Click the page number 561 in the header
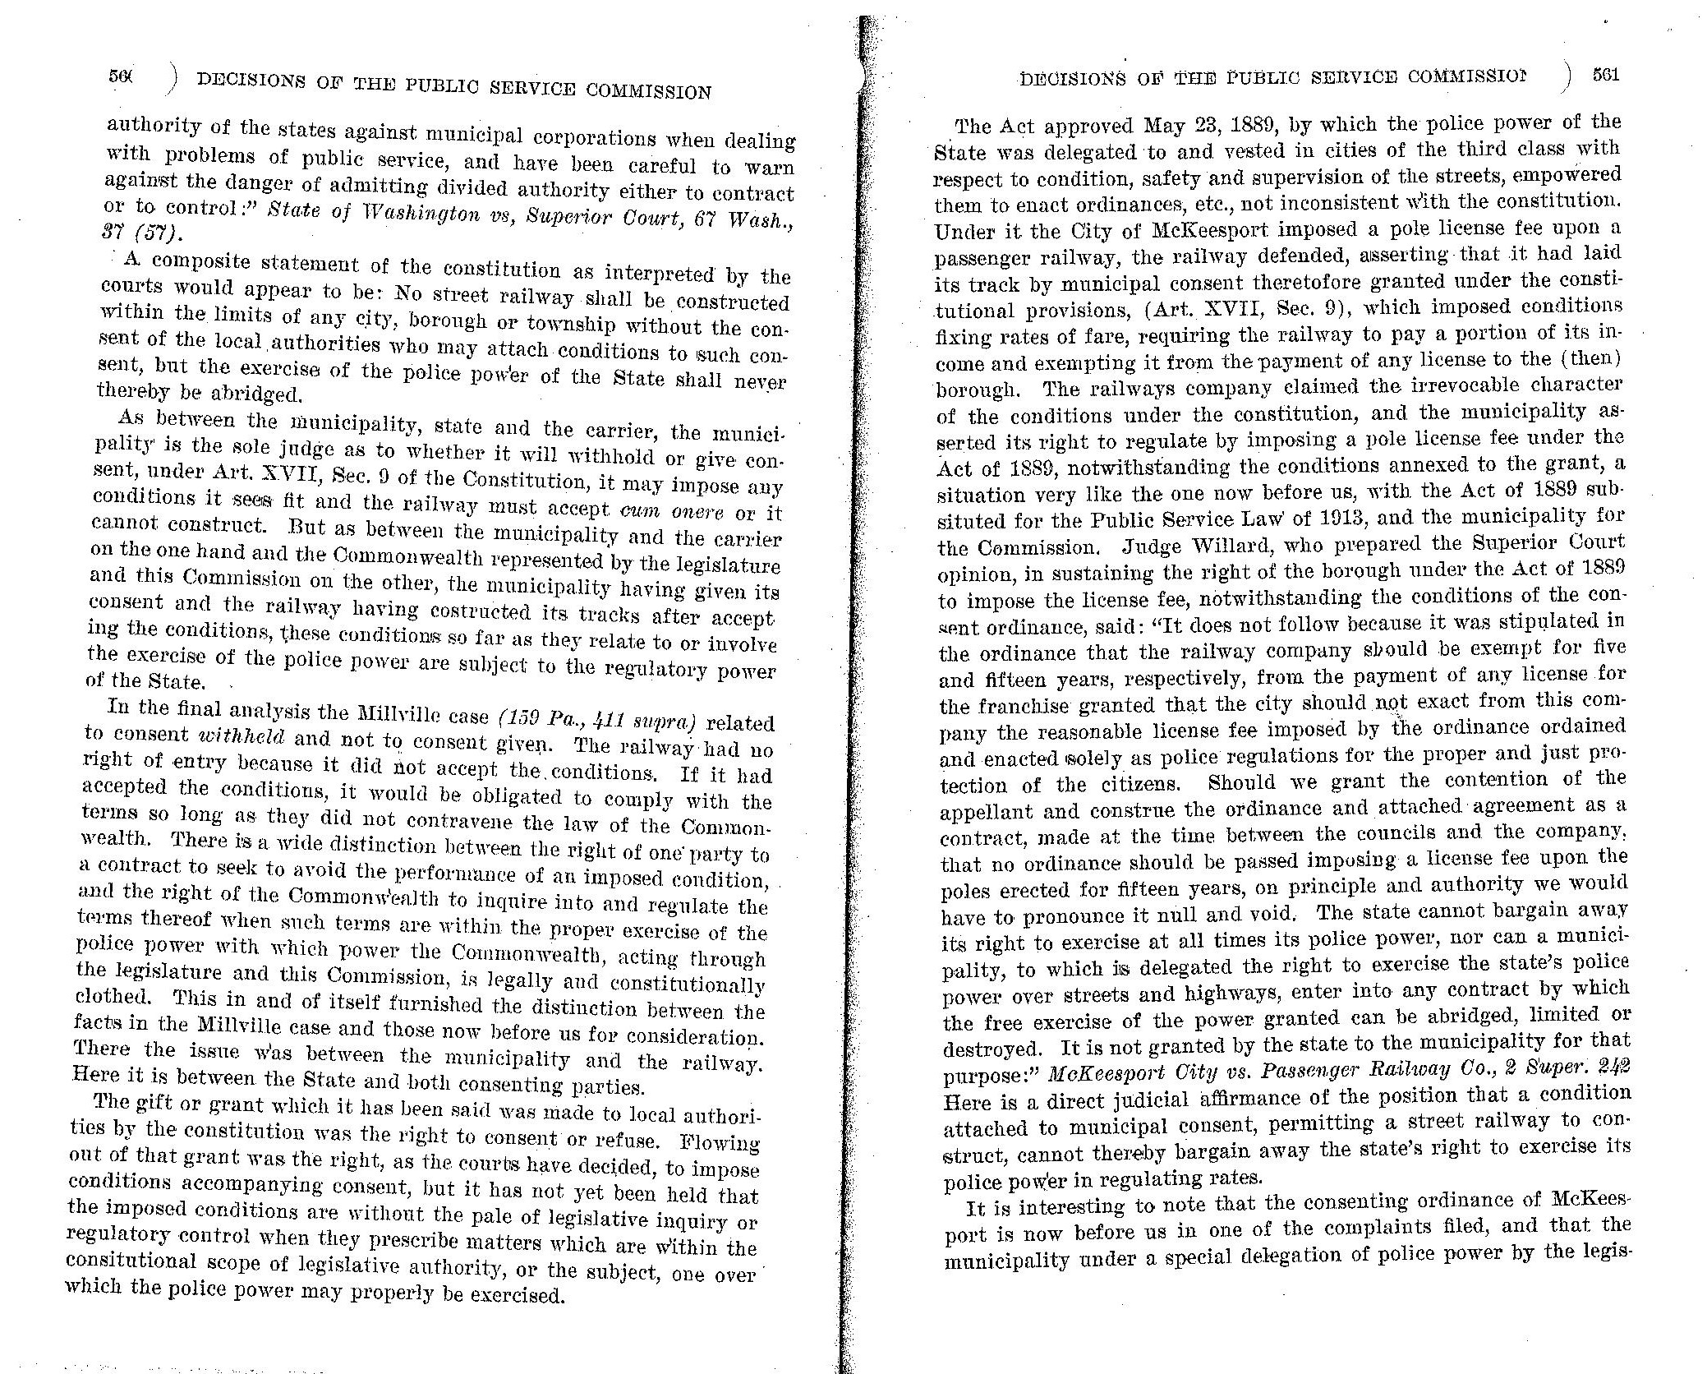coord(1604,75)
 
